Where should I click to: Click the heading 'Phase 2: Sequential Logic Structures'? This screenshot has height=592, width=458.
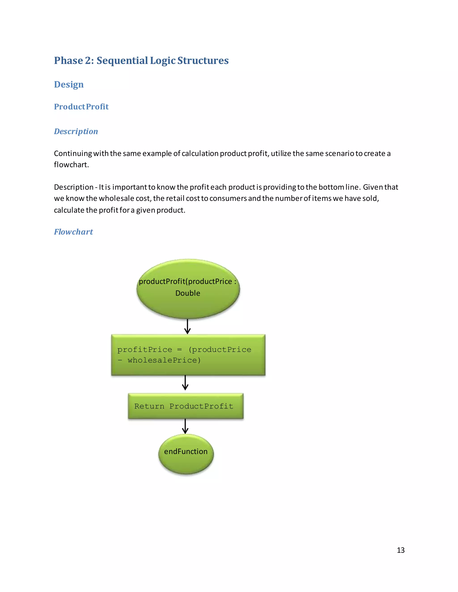tap(141, 61)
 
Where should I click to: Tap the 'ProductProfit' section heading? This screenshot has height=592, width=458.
tap(81, 107)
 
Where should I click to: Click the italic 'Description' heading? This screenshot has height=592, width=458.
tap(76, 131)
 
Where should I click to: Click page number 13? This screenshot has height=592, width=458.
tap(401, 550)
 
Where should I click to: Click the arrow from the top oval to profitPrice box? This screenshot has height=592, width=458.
tap(187, 327)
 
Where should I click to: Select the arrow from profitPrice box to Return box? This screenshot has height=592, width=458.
tap(185, 383)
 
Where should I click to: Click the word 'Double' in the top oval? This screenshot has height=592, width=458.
tap(188, 293)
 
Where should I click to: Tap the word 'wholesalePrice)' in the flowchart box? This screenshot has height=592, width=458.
tap(164, 360)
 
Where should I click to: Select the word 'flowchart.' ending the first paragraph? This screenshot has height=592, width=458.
tap(71, 165)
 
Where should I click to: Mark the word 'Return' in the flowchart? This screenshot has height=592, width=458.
tap(149, 406)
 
